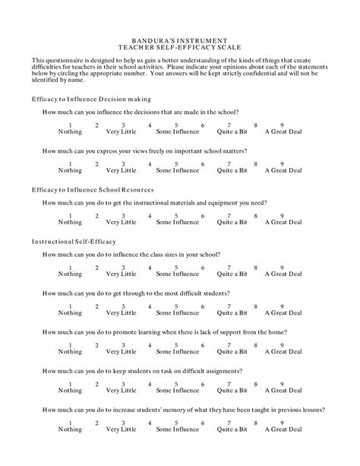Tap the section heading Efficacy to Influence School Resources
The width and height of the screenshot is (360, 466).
(x=93, y=189)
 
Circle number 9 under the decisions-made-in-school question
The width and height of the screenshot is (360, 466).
(x=283, y=125)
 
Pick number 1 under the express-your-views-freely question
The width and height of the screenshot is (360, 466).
(x=70, y=163)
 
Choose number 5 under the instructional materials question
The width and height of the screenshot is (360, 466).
(x=176, y=215)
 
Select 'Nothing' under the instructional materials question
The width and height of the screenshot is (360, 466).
(x=70, y=222)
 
